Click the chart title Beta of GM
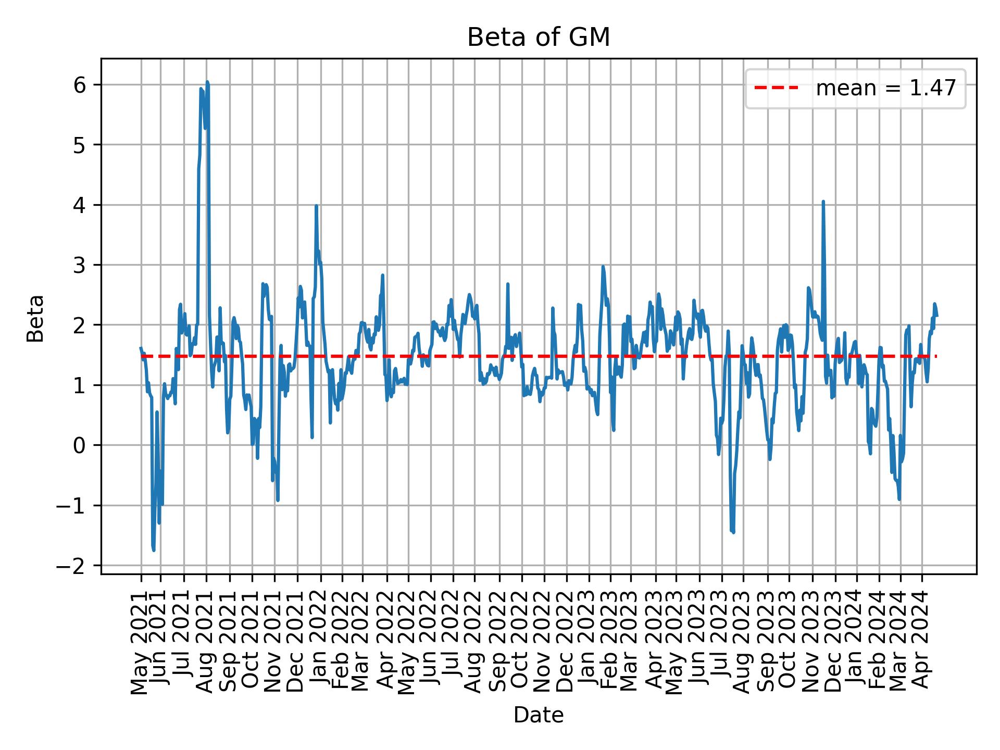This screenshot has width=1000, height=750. (x=538, y=37)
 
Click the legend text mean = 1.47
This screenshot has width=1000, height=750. (x=885, y=89)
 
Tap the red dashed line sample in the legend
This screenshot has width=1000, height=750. (x=776, y=89)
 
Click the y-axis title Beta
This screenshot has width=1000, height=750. (x=35, y=318)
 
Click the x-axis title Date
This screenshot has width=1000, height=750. (x=538, y=715)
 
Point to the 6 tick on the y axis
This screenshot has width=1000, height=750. (x=80, y=85)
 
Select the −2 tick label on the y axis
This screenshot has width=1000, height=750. (x=71, y=566)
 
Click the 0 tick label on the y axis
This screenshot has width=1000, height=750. (x=80, y=445)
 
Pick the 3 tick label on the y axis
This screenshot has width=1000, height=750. (x=80, y=265)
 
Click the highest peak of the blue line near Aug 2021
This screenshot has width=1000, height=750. (x=207, y=82)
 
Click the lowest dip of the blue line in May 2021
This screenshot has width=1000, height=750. (x=154, y=550)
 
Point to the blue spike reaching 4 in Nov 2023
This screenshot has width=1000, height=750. (x=823, y=202)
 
